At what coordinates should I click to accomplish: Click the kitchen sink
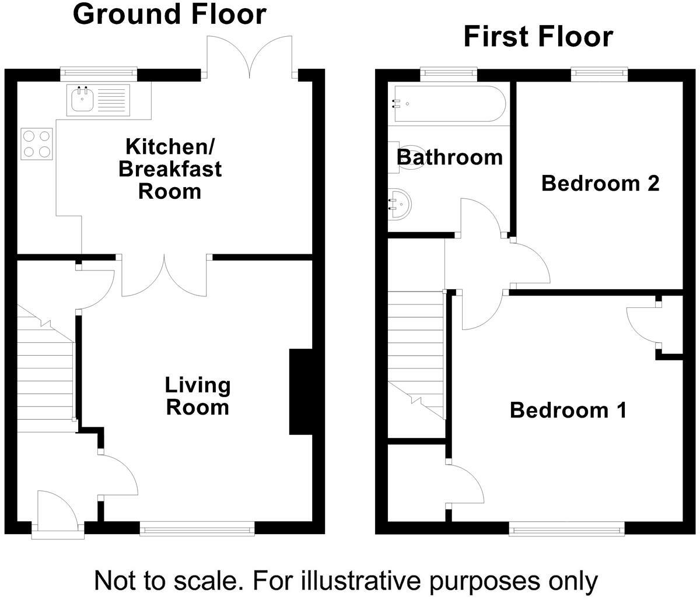96,99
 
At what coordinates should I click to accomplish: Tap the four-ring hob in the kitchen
37,143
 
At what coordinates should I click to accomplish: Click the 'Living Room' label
197,396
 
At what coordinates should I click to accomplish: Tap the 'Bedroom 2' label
600,183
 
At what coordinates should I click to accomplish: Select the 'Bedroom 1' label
568,410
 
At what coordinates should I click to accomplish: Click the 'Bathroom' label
449,157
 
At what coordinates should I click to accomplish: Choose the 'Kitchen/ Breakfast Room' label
170,169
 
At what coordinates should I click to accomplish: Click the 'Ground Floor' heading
170,14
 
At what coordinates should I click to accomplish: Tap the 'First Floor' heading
538,37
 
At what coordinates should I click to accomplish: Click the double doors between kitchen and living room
165,276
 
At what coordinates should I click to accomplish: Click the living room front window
197,529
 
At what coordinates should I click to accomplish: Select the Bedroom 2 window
599,73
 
